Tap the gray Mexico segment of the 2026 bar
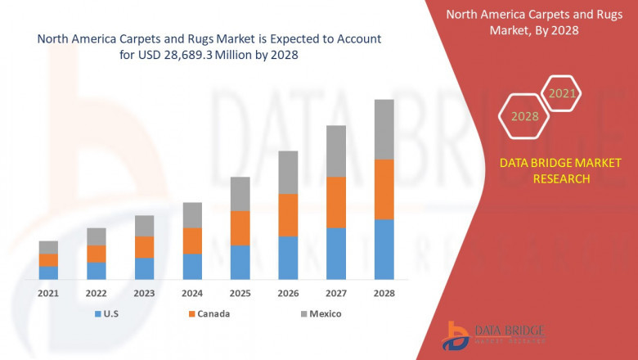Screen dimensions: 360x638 point(288,172)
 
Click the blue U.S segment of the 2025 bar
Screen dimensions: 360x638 point(240,262)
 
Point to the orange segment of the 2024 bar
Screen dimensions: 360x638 point(192,241)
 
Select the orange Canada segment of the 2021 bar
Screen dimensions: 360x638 point(48,260)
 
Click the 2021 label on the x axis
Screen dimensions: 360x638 point(48,293)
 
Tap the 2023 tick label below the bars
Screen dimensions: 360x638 point(144,293)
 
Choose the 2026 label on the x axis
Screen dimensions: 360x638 point(288,293)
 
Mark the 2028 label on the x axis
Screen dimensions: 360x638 point(384,293)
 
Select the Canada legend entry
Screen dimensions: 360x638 point(208,313)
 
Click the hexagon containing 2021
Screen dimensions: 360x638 point(561,94)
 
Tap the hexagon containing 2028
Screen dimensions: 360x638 point(524,117)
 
